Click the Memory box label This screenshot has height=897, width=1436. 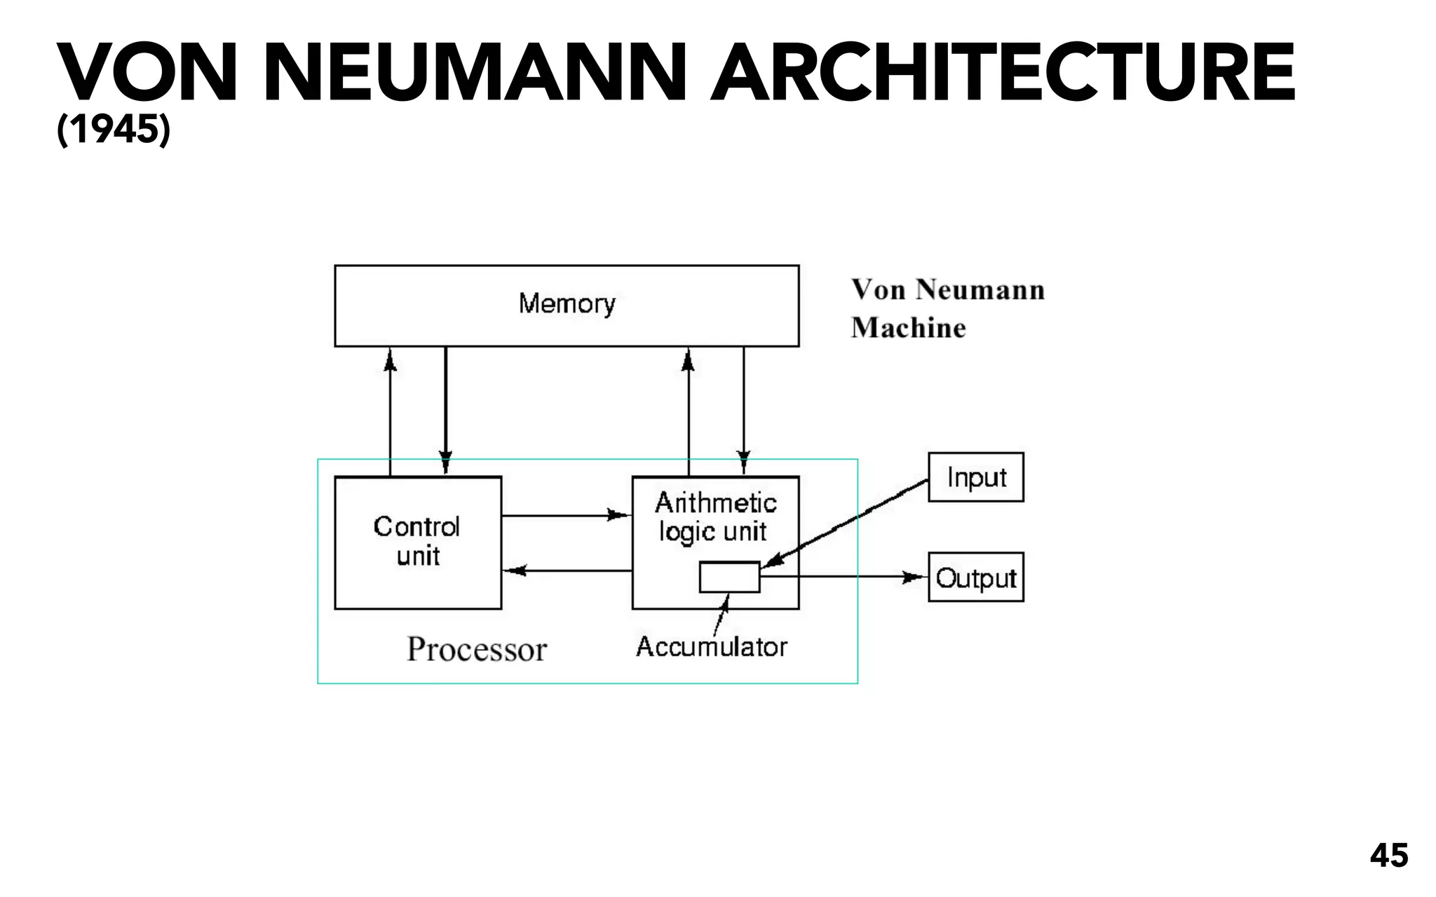point(567,304)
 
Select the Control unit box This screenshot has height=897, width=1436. point(418,542)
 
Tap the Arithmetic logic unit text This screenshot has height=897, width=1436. point(715,517)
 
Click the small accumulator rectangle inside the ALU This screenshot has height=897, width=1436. point(729,577)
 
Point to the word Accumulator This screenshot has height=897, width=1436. point(711,647)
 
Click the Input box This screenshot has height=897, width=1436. point(975,477)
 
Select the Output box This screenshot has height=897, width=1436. point(975,577)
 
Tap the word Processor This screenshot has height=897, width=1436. point(477,649)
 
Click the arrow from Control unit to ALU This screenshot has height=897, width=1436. point(567,516)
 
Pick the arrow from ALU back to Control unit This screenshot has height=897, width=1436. point(567,571)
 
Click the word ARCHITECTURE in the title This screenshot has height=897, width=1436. point(1002,74)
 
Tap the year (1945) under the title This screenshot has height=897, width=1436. point(113,130)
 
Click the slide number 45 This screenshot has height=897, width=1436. point(1388,856)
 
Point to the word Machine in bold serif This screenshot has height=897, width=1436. point(908,328)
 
